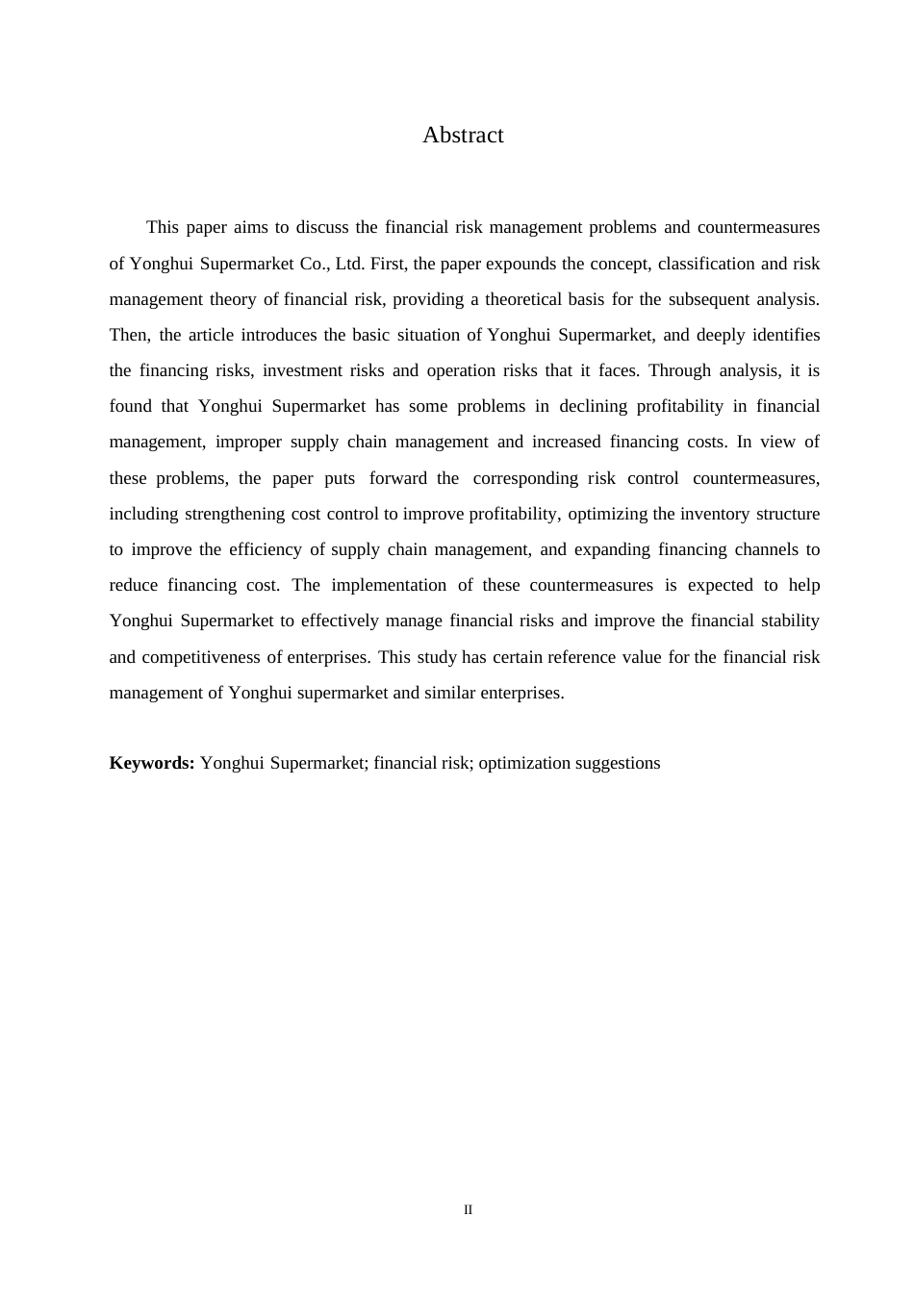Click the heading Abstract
pyautogui.click(x=463, y=136)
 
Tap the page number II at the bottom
pyautogui.click(x=469, y=1209)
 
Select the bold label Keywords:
pyautogui.click(x=152, y=763)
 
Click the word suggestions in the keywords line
pyautogui.click(x=618, y=763)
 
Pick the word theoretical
pyautogui.click(x=526, y=299)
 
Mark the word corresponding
pyautogui.click(x=525, y=478)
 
